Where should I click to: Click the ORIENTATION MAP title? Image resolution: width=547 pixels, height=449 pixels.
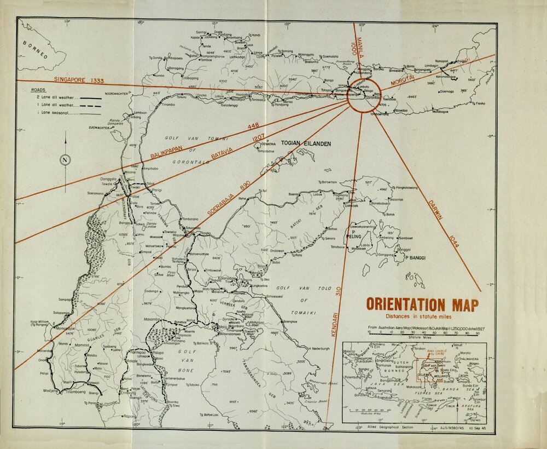[422, 305]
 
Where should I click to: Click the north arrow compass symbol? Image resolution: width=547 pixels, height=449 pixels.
[66, 159]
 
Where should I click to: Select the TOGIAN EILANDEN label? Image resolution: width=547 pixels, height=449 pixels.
[306, 143]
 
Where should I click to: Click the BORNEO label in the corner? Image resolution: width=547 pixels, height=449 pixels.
[35, 49]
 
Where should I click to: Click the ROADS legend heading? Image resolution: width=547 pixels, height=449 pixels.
[38, 89]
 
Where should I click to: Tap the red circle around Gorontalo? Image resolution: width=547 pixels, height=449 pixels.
[363, 96]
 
